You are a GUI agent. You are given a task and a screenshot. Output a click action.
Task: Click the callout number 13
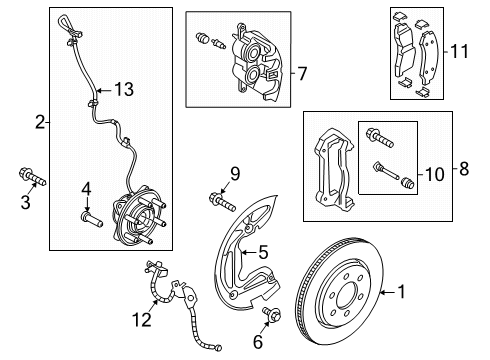pos(124,89)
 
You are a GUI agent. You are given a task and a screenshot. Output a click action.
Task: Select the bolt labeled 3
pos(32,177)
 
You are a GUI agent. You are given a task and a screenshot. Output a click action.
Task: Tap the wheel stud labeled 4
pos(92,219)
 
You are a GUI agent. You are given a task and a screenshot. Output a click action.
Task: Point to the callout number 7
pos(302,73)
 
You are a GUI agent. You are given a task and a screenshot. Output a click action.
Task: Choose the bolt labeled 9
pos(222,202)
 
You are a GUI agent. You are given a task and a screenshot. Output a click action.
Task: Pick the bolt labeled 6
pos(272,314)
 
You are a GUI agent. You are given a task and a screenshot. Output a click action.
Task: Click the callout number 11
pos(459,52)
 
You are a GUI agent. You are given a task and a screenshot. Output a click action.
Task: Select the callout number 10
pos(435,174)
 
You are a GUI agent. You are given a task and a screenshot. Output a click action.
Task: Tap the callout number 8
pos(464,169)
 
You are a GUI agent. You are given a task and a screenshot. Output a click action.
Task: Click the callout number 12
pos(142,320)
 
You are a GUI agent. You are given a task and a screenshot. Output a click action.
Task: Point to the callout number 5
pos(263,252)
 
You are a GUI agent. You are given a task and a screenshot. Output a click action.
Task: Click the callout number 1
pos(402,292)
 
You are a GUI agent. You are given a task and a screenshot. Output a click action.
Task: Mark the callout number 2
pos(40,122)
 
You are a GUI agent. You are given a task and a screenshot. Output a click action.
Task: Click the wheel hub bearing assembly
pos(139,216)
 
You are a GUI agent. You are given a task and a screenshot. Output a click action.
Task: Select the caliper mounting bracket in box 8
pos(334,171)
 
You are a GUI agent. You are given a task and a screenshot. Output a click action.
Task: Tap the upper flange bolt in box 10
pos(380,138)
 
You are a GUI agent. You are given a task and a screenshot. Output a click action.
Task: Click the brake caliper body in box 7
pos(256,62)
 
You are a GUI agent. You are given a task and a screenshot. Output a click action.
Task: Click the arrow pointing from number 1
pos(388,292)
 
